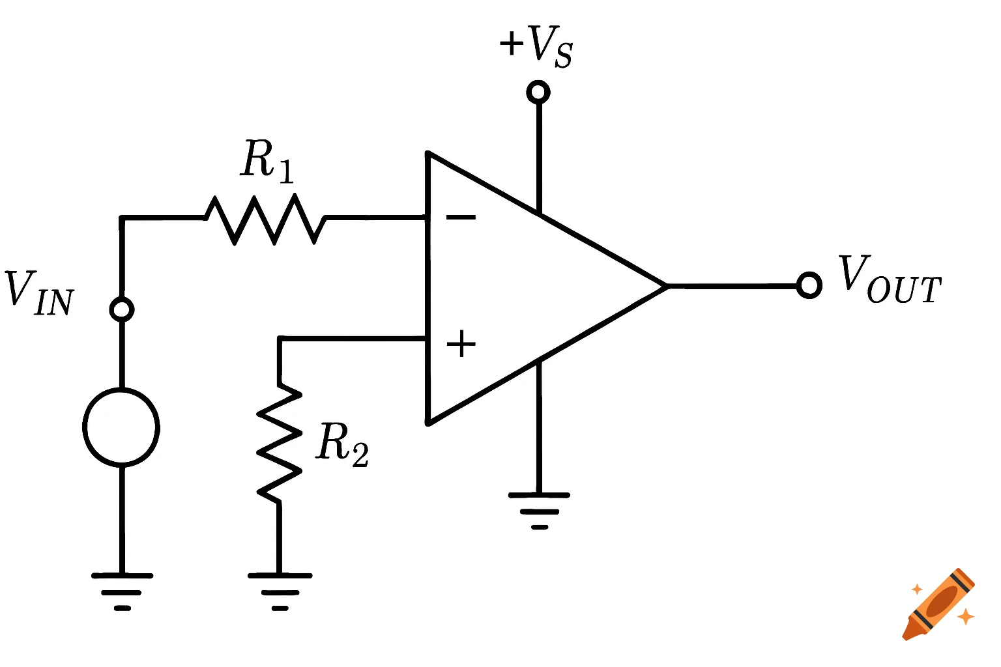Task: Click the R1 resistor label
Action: point(268,160)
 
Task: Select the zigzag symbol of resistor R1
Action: point(266,218)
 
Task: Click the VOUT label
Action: point(890,280)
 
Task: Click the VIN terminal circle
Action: point(122,309)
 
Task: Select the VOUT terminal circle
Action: point(809,285)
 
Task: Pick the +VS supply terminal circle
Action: point(538,92)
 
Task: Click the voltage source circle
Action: point(122,427)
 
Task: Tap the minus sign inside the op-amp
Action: point(461,217)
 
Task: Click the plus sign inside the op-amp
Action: point(461,343)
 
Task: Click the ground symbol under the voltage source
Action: point(122,589)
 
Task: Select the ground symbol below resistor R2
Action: point(280,589)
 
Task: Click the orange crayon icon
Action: point(938,604)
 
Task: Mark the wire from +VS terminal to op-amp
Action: point(539,156)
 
